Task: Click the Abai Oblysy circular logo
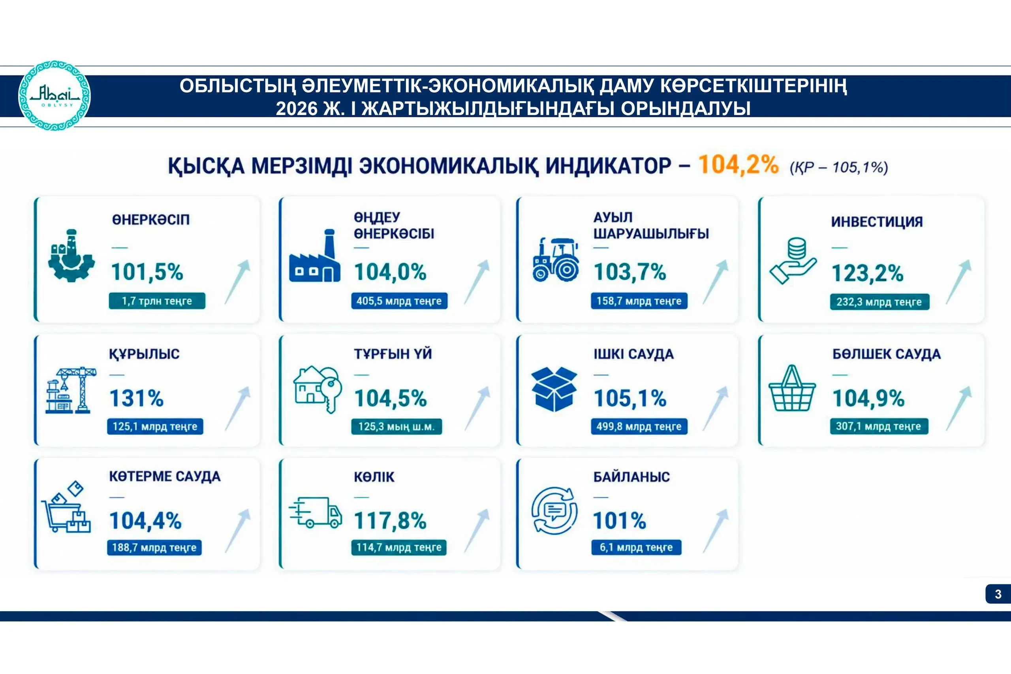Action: tap(54, 96)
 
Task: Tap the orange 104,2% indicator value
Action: tap(738, 165)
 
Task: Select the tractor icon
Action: tap(556, 260)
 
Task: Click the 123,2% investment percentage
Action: tap(868, 273)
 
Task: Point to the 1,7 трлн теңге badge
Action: tap(157, 301)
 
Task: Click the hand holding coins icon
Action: tap(793, 260)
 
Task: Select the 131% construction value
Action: tap(137, 398)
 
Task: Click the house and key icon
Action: tap(318, 390)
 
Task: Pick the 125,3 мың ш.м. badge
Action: tap(397, 427)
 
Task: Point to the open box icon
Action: tap(554, 389)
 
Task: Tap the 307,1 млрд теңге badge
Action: tap(879, 426)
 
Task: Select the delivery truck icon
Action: tap(316, 512)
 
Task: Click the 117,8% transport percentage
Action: tap(390, 521)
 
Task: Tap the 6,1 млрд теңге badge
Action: tap(636, 548)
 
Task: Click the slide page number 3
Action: tap(998, 594)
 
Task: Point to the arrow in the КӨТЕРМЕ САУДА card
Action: tap(237, 531)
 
